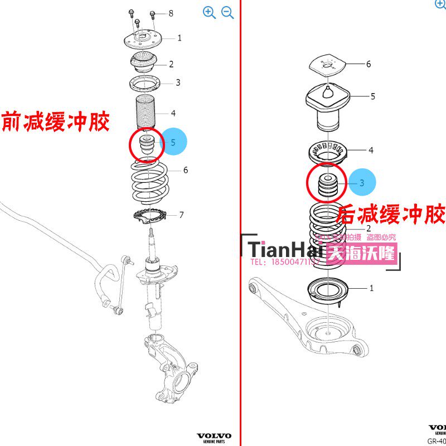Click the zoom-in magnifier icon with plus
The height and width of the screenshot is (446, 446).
[209, 13]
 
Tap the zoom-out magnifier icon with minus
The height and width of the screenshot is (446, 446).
[227, 13]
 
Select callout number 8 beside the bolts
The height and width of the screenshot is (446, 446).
[171, 13]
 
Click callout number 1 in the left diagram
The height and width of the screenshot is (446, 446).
[180, 38]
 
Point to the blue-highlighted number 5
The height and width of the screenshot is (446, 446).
[173, 142]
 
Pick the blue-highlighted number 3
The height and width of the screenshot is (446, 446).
[361, 182]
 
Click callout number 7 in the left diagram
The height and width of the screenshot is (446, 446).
[182, 215]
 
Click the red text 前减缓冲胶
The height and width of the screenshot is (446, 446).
[56, 121]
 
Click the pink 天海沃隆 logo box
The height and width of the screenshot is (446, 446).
[362, 255]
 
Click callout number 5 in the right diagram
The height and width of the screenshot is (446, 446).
[372, 96]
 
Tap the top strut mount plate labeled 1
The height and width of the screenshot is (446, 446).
[142, 40]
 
